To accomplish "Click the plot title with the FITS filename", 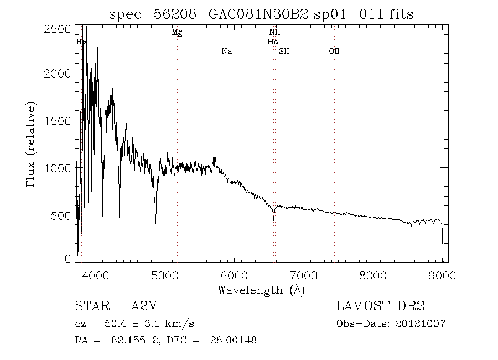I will point(261,13).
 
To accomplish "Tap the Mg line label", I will point(177,33).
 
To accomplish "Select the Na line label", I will point(226,52).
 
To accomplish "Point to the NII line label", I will point(274,33).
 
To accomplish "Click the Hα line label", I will point(273,42).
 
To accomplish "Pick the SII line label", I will point(284,52).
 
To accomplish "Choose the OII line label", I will point(334,52).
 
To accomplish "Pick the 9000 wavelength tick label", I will point(442,275).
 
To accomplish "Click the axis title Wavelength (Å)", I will point(261,290).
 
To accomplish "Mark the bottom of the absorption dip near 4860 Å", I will point(155,223).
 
